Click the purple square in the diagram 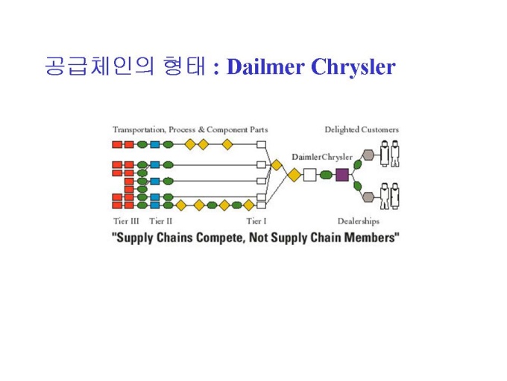point(342,175)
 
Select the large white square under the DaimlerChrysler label point(309,175)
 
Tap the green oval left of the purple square point(326,175)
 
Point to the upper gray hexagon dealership point(368,155)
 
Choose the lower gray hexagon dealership point(368,196)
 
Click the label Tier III point(126,221)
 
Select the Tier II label point(161,221)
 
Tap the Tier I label point(256,221)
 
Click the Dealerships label point(359,222)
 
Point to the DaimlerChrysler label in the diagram point(322,157)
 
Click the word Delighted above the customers point(341,129)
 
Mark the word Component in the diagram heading point(227,130)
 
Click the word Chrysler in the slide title point(353,67)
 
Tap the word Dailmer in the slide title point(265,66)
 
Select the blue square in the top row point(155,144)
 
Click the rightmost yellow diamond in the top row point(227,144)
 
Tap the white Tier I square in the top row point(261,144)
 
